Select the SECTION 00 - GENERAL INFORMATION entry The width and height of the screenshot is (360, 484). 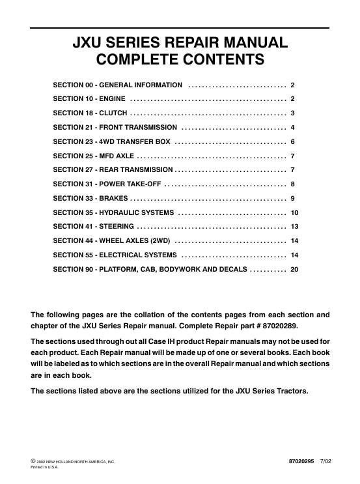coord(117,85)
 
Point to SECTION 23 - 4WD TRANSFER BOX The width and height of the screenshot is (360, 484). coord(111,141)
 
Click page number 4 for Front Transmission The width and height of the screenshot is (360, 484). coord(293,127)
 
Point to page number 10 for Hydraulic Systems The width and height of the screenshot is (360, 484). coord(294,212)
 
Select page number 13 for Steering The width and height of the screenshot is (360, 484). coord(294,226)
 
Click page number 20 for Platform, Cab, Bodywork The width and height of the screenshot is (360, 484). coord(294,268)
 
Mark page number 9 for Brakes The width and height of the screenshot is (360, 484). coord(293,198)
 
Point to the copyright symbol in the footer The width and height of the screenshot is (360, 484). coord(33,461)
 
